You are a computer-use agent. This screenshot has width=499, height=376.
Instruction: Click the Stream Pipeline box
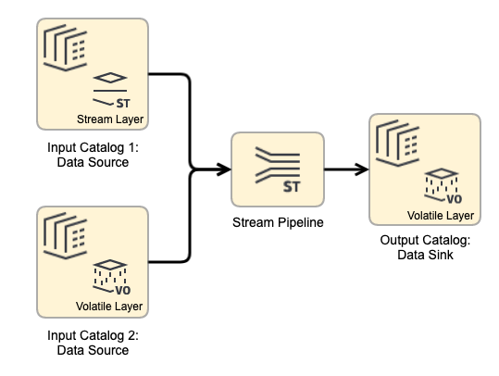(278, 169)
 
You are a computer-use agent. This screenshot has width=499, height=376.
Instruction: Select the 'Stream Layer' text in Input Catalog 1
(111, 119)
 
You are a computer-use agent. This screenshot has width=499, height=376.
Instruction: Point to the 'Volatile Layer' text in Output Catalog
(442, 216)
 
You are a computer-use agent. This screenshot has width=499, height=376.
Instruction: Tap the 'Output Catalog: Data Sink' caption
(425, 248)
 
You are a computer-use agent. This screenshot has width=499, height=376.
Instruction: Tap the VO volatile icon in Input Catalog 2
(112, 277)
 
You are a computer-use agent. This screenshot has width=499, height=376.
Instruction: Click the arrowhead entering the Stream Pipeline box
(223, 169)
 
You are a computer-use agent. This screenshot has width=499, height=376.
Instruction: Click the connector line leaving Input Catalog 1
(171, 74)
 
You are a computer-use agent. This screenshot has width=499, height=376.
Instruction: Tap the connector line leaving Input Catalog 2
(171, 261)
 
